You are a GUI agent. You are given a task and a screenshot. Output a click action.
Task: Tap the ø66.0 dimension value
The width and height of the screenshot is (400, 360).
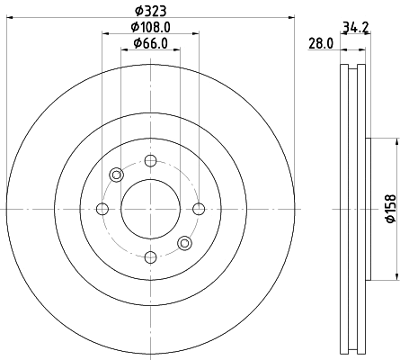pyautogui.click(x=151, y=43)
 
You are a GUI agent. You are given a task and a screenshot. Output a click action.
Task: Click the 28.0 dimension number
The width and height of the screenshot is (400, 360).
pyautogui.click(x=321, y=44)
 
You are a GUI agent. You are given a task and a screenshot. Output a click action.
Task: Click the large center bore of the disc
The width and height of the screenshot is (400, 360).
pyautogui.click(x=150, y=209)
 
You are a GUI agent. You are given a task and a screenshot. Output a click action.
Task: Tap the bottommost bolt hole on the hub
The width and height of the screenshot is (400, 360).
pyautogui.click(x=150, y=257)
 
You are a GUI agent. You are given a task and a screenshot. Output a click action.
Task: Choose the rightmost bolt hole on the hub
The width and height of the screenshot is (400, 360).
pyautogui.click(x=199, y=209)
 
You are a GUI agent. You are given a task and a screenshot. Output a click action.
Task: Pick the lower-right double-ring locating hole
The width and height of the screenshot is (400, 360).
pyautogui.click(x=184, y=242)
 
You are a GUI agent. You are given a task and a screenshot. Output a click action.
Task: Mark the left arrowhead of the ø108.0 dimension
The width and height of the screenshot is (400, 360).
pyautogui.click(x=104, y=35)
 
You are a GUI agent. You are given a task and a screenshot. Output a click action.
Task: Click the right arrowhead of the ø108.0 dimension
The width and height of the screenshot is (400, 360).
pyautogui.click(x=197, y=35)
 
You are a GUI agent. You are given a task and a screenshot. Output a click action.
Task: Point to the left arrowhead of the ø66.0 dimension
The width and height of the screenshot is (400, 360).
pyautogui.click(x=124, y=49)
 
